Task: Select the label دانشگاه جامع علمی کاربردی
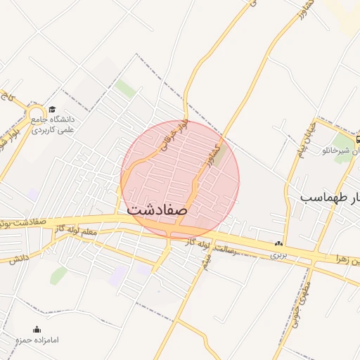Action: [x=57, y=124]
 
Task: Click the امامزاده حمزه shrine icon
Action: [x=37, y=329]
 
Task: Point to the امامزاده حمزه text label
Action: [x=37, y=340]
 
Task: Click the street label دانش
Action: [x=19, y=259]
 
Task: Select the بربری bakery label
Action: [x=278, y=254]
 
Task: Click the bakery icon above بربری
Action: [x=279, y=244]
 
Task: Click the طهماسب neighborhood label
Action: [x=330, y=196]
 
